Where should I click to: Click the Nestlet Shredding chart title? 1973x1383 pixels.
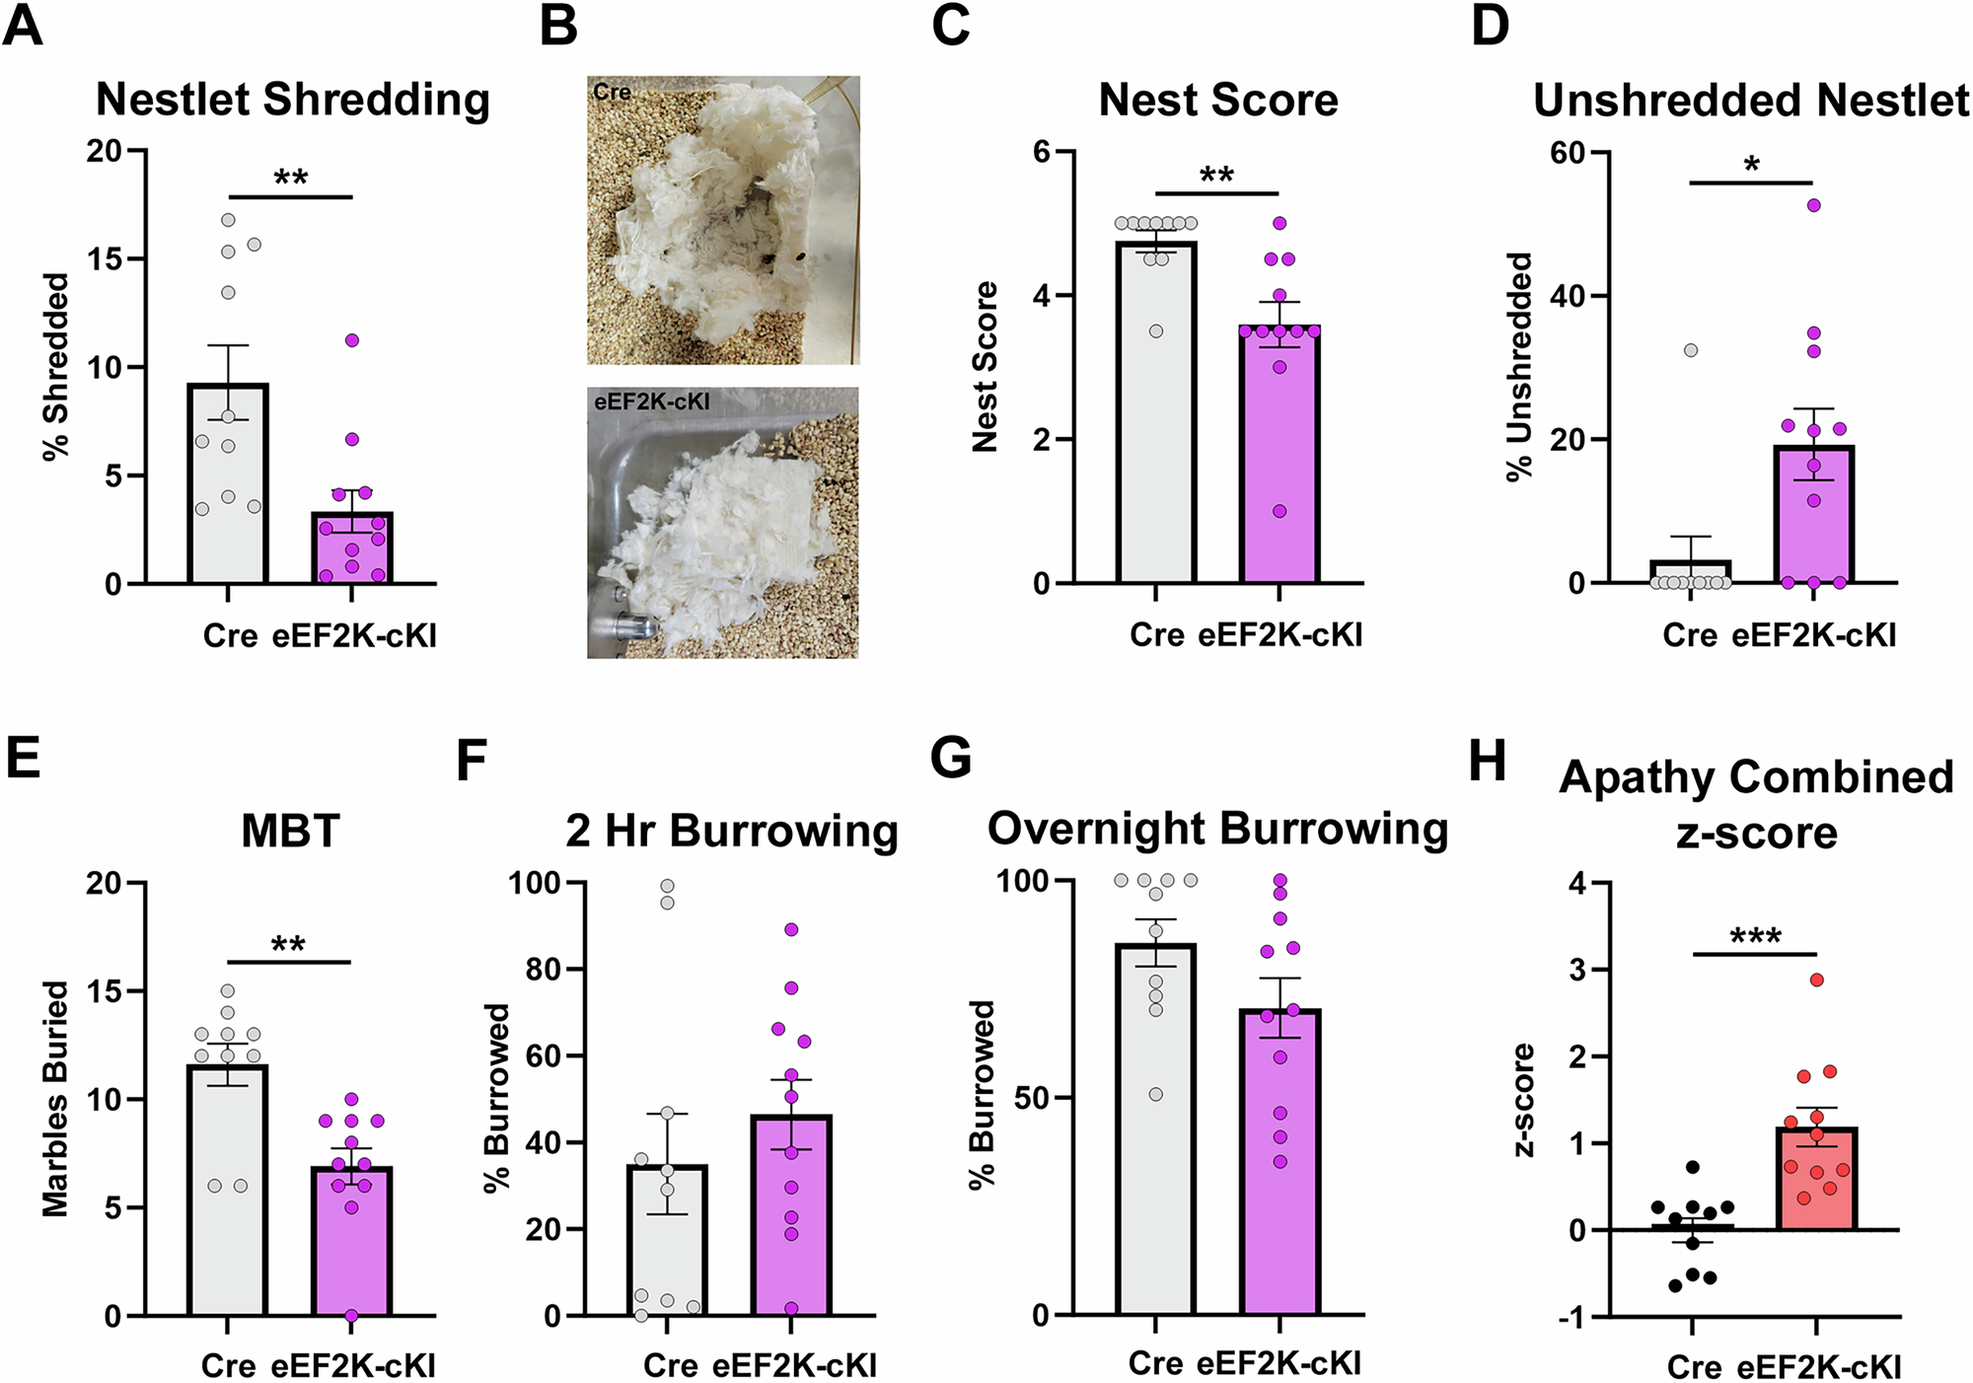click(x=292, y=101)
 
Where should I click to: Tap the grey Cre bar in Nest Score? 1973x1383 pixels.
click(x=1155, y=414)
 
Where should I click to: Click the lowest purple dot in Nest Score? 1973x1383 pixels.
click(x=1279, y=511)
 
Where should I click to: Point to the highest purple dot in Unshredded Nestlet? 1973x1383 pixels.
click(x=1813, y=205)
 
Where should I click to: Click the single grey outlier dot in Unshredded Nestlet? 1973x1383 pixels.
click(x=1691, y=350)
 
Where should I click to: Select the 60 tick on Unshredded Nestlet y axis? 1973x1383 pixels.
click(x=1568, y=153)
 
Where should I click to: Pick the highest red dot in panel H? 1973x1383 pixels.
click(x=1816, y=980)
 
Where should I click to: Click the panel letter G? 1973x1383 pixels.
click(x=951, y=760)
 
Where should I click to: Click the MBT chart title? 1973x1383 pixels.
click(x=290, y=832)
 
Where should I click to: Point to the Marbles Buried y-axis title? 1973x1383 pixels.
click(x=55, y=1098)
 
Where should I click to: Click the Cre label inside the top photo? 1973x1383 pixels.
click(x=612, y=92)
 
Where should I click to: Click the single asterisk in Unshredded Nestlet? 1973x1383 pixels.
click(x=1751, y=165)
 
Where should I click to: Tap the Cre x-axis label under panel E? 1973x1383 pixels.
click(x=228, y=1365)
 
